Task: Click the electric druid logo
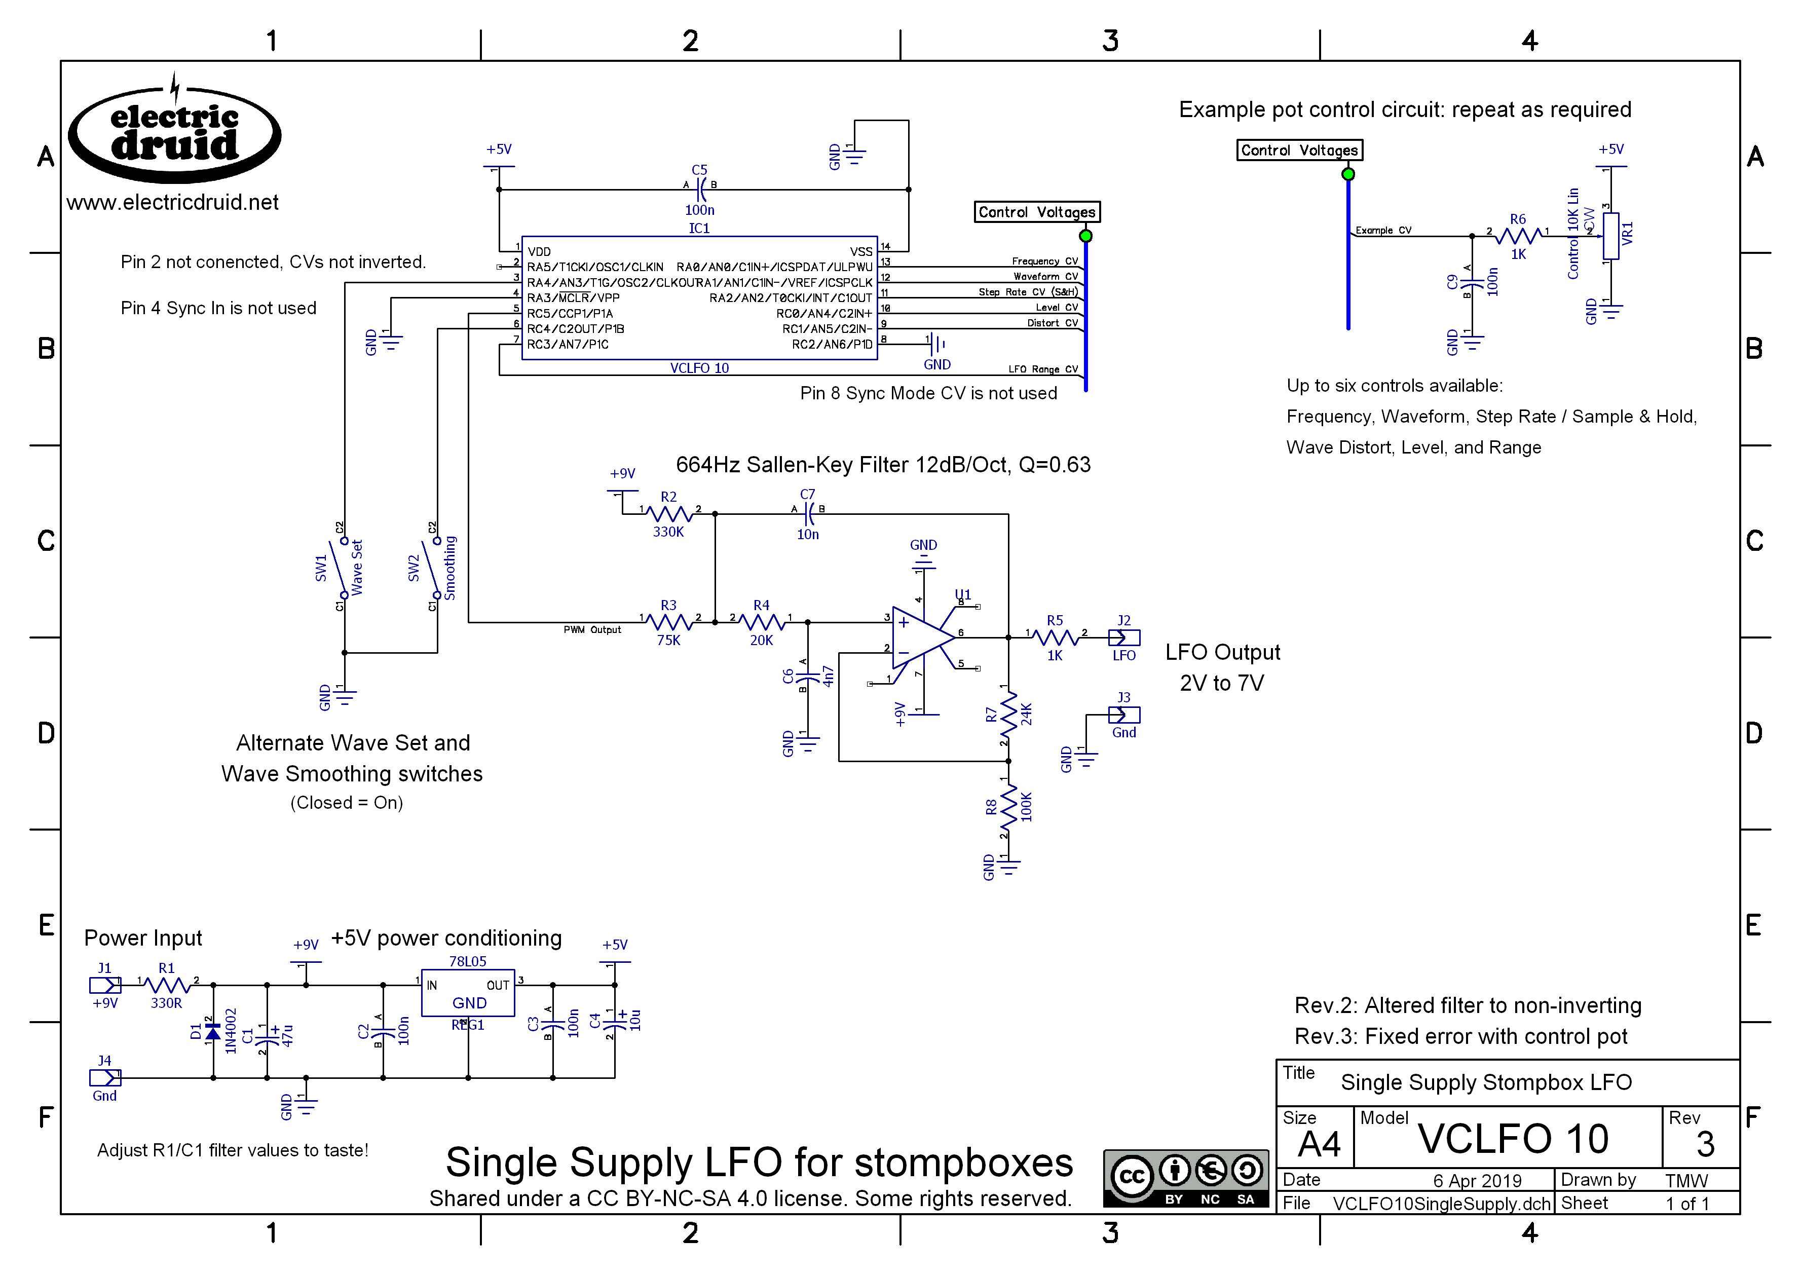click(174, 130)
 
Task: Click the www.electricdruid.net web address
click(173, 203)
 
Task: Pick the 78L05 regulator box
click(468, 993)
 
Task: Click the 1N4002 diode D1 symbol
click(213, 1032)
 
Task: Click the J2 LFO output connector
click(1123, 637)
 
